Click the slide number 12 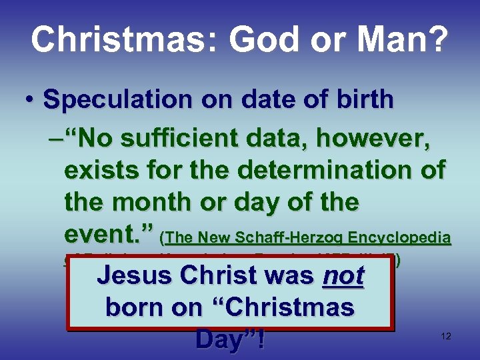pyautogui.click(x=446, y=337)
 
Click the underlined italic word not pyautogui.click(x=343, y=275)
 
